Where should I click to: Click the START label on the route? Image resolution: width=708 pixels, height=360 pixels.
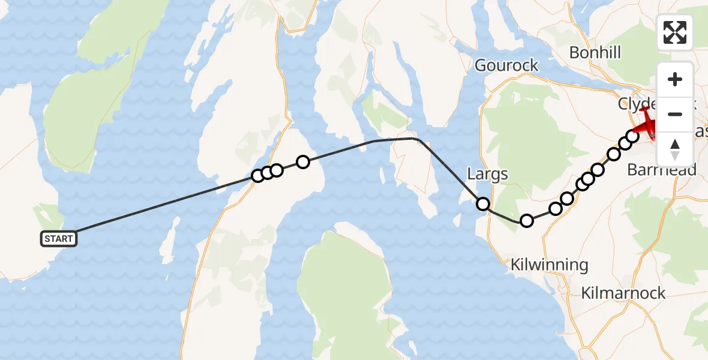(x=58, y=239)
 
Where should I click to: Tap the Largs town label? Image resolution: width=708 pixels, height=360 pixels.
(x=487, y=175)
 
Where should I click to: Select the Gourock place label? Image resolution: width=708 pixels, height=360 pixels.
(x=506, y=65)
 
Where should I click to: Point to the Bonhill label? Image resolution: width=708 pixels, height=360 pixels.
(x=595, y=53)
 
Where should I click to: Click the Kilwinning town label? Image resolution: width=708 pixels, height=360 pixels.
(x=549, y=265)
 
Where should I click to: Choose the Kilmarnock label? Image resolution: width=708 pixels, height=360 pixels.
(x=623, y=293)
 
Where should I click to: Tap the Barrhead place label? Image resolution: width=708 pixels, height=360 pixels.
(x=661, y=170)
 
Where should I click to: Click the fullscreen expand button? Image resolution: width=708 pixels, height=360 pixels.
(x=674, y=32)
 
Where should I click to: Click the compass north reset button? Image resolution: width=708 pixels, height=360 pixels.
(x=674, y=149)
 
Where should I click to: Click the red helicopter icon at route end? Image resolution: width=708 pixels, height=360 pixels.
(x=647, y=122)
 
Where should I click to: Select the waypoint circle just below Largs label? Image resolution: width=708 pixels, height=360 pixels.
(x=483, y=204)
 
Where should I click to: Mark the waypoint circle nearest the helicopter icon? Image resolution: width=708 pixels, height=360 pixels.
(x=632, y=136)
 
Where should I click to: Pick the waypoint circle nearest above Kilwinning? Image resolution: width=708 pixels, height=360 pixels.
(x=526, y=221)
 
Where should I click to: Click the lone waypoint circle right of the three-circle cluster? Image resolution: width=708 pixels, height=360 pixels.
(x=302, y=161)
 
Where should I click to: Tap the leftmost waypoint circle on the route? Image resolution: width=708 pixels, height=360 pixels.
(x=258, y=176)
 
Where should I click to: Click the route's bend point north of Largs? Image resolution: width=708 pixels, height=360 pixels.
(x=415, y=139)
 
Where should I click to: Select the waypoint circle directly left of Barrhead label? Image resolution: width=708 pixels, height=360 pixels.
(x=614, y=155)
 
